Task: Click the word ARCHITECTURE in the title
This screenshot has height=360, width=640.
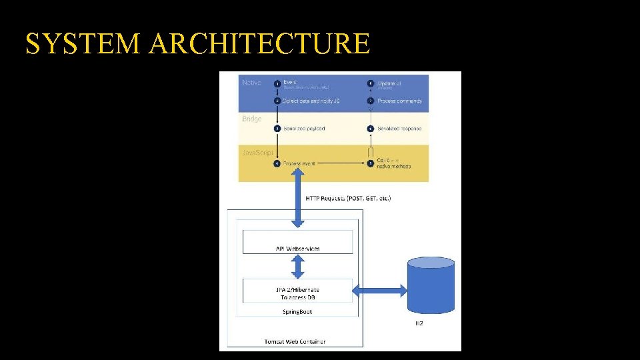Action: pyautogui.click(x=259, y=44)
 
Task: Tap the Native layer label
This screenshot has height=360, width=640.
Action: pyautogui.click(x=252, y=83)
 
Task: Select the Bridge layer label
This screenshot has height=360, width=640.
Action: pyautogui.click(x=251, y=119)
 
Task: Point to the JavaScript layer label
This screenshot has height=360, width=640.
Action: pyautogui.click(x=257, y=153)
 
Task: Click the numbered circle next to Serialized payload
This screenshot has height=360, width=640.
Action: pyautogui.click(x=277, y=128)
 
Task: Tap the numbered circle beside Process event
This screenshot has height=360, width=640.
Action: pyautogui.click(x=277, y=163)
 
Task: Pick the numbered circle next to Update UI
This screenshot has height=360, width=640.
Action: pyautogui.click(x=371, y=83)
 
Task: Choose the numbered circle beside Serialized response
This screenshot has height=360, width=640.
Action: pyautogui.click(x=371, y=128)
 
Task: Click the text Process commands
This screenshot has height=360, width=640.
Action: pyautogui.click(x=399, y=101)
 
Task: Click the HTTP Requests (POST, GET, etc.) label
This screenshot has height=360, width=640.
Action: pyautogui.click(x=348, y=198)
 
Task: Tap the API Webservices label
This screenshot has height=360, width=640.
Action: pyautogui.click(x=297, y=249)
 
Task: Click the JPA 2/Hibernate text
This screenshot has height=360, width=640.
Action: pyautogui.click(x=297, y=289)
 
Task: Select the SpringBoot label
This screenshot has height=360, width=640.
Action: pyautogui.click(x=297, y=311)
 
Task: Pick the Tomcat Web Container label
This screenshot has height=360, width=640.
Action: pyautogui.click(x=295, y=342)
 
